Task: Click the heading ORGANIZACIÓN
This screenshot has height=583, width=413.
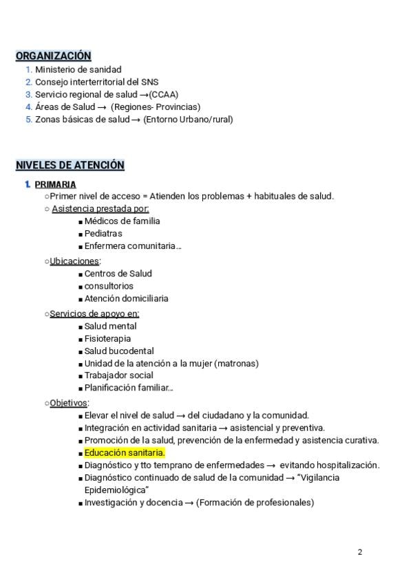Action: click(53, 56)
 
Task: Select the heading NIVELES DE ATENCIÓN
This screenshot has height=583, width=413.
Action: click(70, 165)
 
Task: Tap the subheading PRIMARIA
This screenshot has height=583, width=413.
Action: click(55, 184)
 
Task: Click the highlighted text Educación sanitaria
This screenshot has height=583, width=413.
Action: click(125, 453)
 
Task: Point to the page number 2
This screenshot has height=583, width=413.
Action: click(360, 552)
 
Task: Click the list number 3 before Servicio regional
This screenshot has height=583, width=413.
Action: click(29, 94)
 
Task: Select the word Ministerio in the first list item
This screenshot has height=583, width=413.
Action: click(56, 69)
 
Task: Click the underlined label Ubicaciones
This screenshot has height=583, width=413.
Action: click(74, 261)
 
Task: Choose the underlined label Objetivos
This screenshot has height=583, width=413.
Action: click(69, 403)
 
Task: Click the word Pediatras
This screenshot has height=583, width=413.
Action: click(103, 234)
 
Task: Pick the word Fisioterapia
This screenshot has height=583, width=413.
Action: click(108, 339)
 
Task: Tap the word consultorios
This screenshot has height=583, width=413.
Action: click(109, 286)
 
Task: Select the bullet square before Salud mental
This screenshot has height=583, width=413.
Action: click(81, 327)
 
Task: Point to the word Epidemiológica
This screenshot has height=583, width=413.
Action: click(115, 490)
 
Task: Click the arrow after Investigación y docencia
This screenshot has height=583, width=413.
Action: click(189, 503)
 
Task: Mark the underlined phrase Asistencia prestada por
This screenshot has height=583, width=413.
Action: click(100, 208)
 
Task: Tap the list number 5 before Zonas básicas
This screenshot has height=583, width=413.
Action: click(29, 119)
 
